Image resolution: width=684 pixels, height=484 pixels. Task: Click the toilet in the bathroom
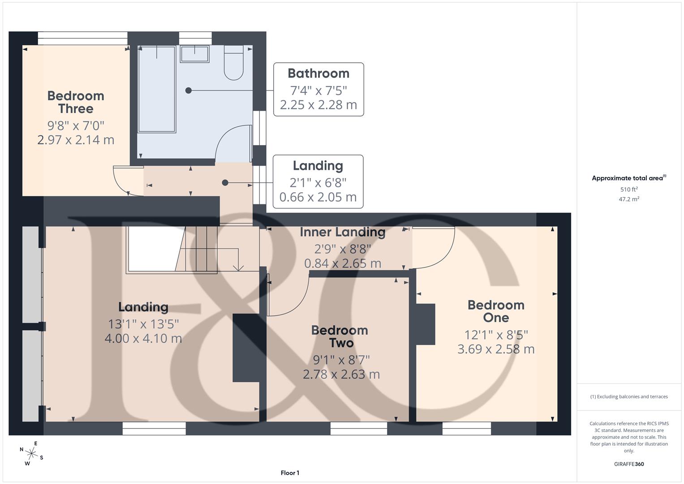(233, 63)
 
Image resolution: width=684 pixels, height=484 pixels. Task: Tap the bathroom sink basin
(194, 54)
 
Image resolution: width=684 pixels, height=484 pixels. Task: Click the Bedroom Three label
(76, 102)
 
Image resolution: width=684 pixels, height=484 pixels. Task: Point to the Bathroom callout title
(318, 73)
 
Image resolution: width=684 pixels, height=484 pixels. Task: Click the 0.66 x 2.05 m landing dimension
(318, 197)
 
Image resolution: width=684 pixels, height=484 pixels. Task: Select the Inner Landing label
(343, 232)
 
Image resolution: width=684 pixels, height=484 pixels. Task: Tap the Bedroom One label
(496, 311)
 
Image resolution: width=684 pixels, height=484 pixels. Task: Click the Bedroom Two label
(340, 337)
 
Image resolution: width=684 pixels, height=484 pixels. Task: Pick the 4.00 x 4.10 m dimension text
(143, 338)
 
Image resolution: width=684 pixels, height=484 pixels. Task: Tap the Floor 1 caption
(290, 473)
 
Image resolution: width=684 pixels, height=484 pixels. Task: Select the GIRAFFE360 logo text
(629, 464)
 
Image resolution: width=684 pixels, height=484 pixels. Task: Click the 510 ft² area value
(629, 190)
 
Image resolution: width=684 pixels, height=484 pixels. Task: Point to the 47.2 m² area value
(629, 199)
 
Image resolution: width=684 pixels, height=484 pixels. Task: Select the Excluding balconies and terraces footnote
(629, 397)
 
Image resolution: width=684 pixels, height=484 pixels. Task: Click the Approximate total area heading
(629, 178)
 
